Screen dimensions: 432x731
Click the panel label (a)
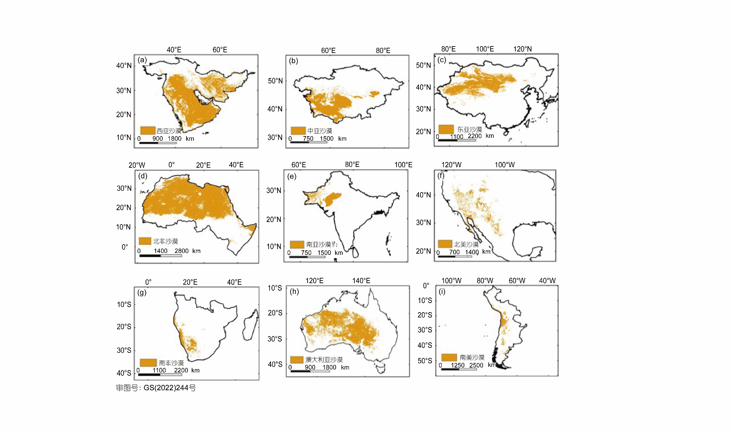coord(142,60)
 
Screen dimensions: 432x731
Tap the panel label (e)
coord(292,176)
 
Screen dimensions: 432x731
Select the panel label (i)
coord(442,291)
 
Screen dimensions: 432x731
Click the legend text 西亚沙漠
coord(169,131)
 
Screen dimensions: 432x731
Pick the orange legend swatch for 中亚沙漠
coord(298,131)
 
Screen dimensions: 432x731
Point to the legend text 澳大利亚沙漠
coord(324,360)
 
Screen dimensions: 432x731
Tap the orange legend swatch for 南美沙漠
coord(449,357)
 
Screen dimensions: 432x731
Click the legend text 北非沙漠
coord(166,241)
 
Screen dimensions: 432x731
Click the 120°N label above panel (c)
coord(522,49)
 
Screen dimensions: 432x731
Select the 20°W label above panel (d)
coord(136,165)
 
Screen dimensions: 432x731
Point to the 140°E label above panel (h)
coord(361,281)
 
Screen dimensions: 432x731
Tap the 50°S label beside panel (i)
coord(425,361)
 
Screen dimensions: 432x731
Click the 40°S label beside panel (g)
coord(124,373)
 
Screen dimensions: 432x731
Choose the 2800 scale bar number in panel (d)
coord(181,251)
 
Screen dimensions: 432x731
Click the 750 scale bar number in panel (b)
coord(308,138)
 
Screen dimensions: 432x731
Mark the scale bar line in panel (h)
coord(310,371)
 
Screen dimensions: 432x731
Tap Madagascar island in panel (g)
coord(250,326)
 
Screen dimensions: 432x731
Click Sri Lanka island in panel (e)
coord(355,252)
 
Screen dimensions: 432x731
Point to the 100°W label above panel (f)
coord(504,165)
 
